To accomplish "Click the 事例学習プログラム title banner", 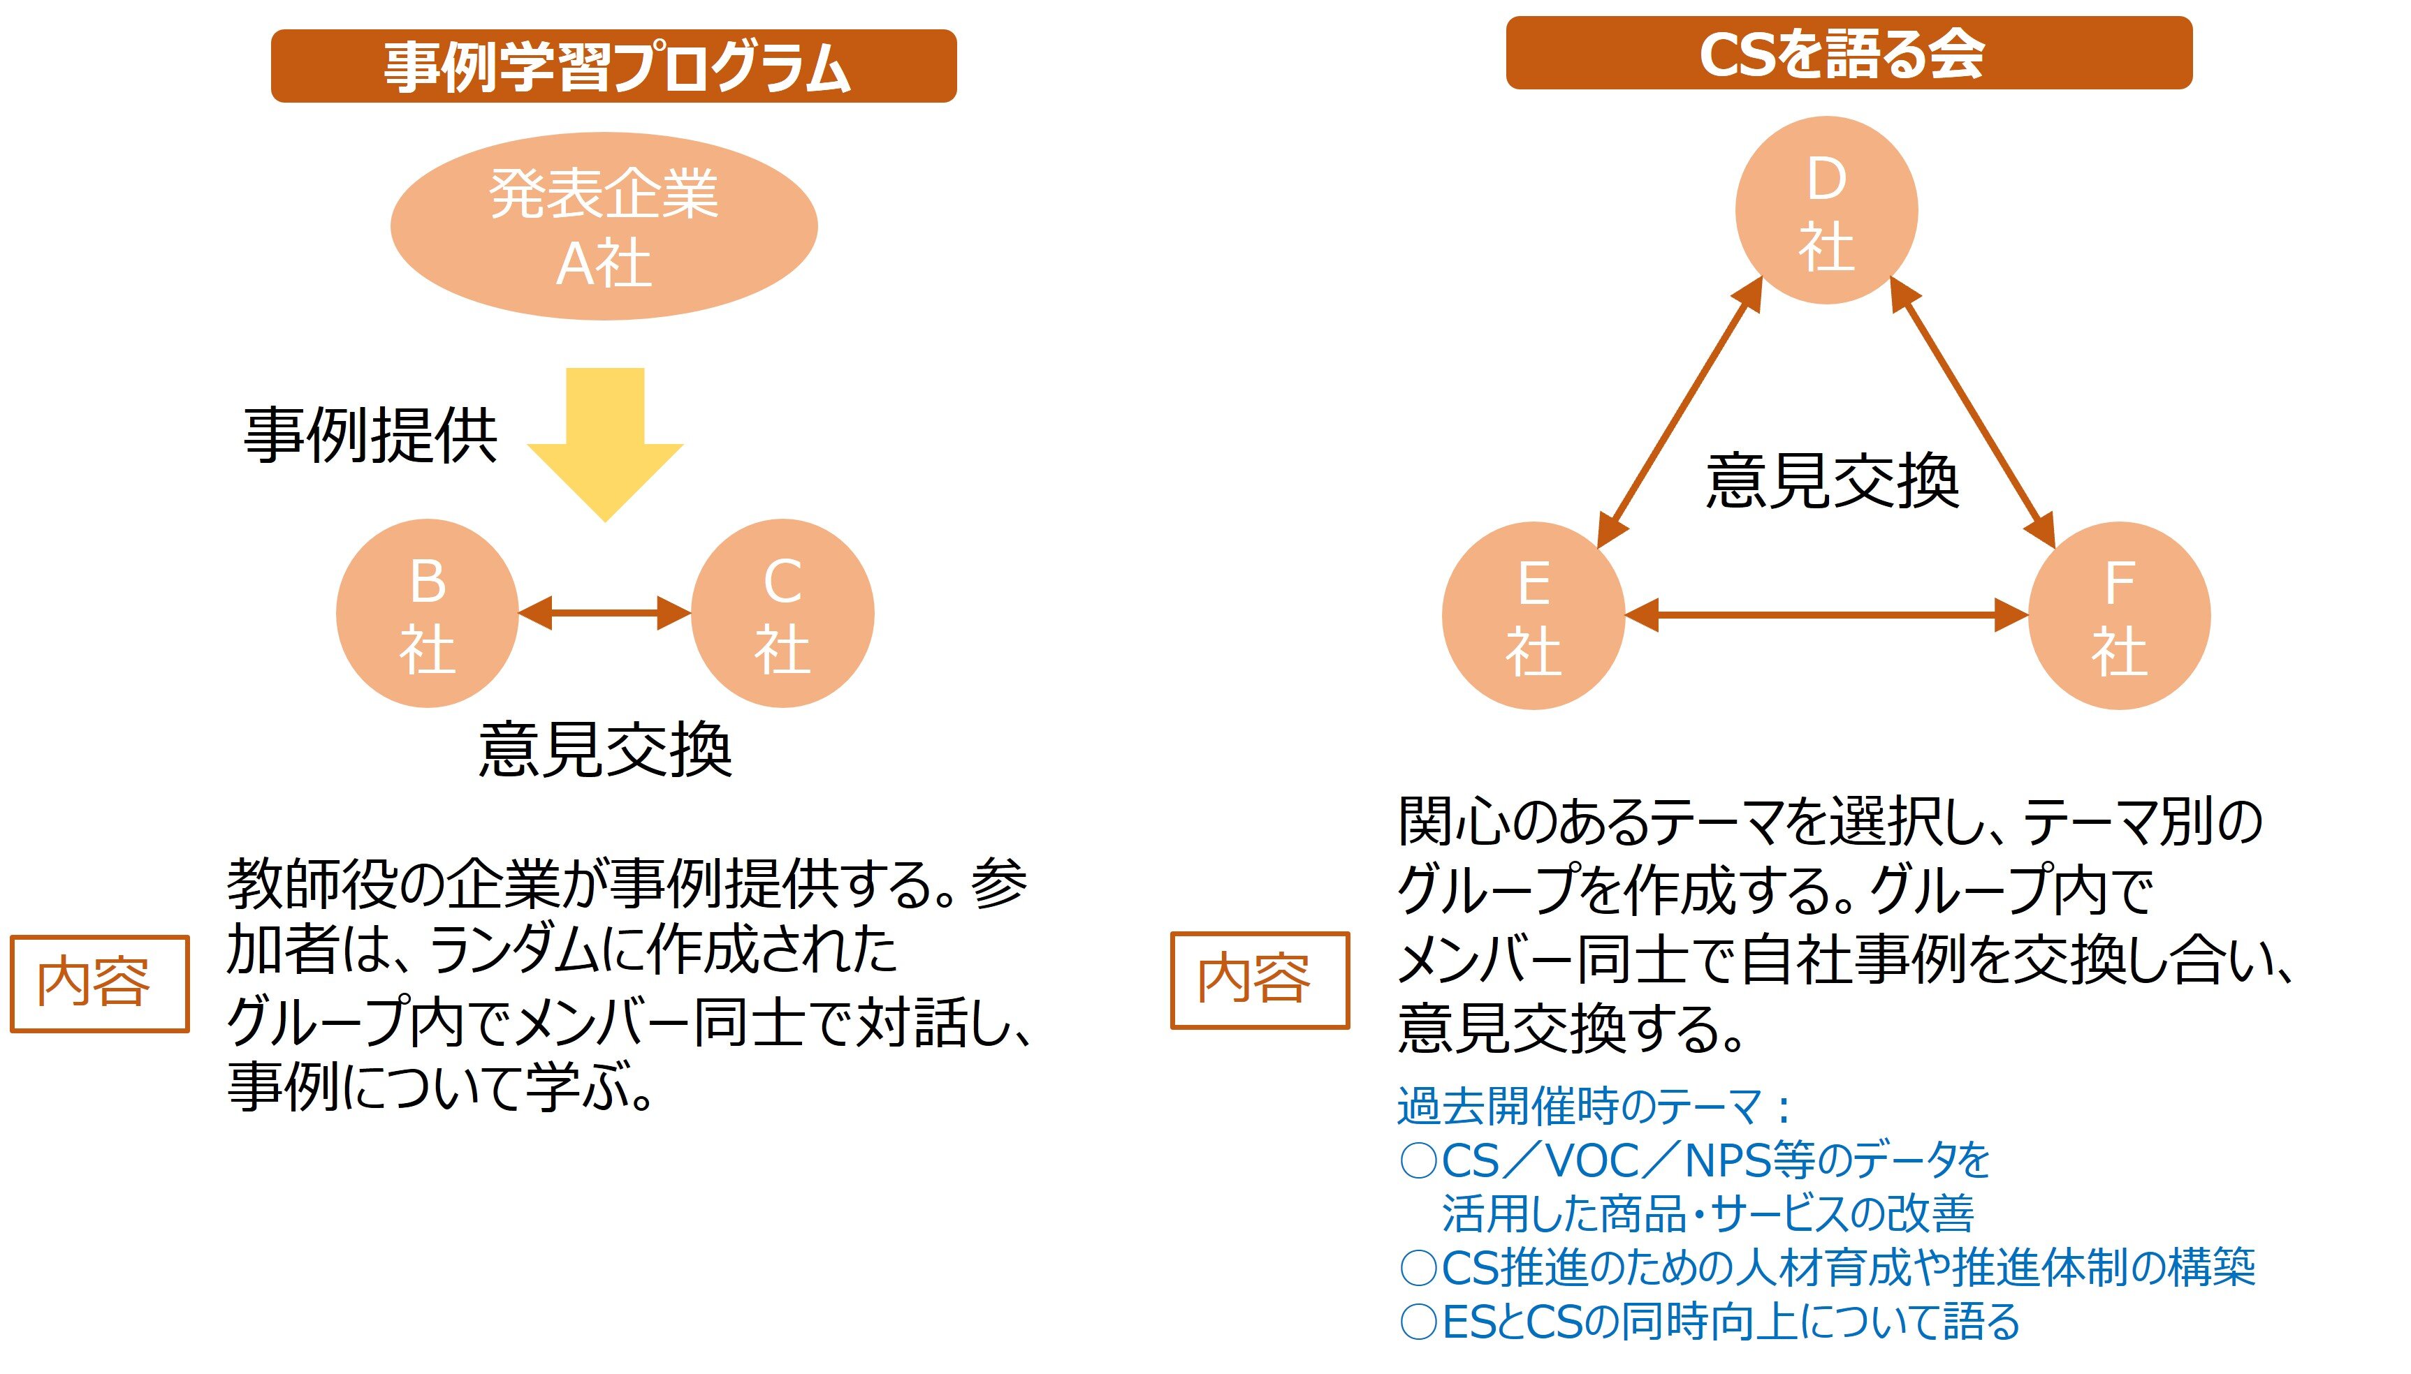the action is point(613,66).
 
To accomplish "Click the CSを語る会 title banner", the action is point(1849,53).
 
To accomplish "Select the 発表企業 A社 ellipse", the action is point(604,226).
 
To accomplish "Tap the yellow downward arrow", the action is point(605,443).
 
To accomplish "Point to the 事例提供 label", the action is point(370,436).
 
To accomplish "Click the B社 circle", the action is point(428,614).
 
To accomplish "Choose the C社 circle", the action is point(782,614).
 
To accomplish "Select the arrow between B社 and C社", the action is point(605,614).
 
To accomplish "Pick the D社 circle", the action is point(1827,210).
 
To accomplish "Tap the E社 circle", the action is point(1533,615).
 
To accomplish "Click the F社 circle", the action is point(2119,615).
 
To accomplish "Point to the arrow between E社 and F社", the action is point(1827,615).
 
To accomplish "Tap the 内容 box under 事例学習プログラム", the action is point(99,983).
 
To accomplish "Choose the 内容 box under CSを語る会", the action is point(1260,980).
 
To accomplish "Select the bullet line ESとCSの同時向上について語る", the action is point(1709,1321).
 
